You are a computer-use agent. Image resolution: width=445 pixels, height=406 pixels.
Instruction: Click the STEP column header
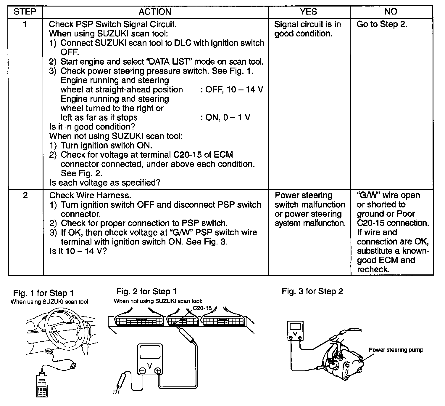click(25, 12)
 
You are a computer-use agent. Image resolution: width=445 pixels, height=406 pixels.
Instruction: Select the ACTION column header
click(155, 12)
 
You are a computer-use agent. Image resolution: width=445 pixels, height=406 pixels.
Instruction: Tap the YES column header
click(308, 12)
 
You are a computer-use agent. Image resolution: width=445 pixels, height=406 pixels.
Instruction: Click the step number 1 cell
click(25, 24)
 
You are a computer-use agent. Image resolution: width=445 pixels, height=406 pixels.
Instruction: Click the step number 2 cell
click(25, 196)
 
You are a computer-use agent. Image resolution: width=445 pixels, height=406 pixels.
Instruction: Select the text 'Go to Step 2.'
click(382, 24)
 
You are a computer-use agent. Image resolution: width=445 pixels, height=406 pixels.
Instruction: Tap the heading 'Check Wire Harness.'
click(90, 195)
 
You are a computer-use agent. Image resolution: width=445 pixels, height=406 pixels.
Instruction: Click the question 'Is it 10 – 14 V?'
click(78, 251)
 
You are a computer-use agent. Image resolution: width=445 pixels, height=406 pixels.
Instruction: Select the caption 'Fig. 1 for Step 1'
click(43, 293)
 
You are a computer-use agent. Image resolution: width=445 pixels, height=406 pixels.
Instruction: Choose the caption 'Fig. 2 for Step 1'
click(146, 292)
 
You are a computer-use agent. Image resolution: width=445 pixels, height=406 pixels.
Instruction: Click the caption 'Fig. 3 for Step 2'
click(312, 292)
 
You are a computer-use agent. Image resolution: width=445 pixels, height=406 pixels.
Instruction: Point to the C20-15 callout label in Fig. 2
click(202, 308)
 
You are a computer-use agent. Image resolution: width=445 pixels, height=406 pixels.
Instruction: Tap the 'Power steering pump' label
click(396, 350)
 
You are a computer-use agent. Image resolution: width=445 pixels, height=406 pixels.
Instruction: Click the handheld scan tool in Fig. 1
click(41, 385)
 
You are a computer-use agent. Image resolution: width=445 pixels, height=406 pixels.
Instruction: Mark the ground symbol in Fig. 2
click(116, 392)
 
